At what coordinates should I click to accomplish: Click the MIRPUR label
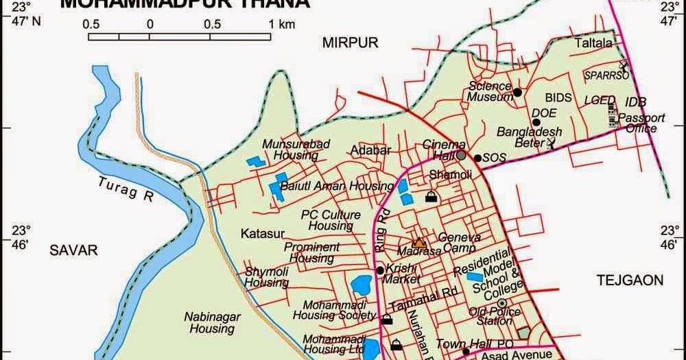point(351,43)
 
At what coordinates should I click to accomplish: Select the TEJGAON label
point(630,280)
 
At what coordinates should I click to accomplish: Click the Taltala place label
point(593,43)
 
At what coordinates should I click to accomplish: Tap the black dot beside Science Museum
point(518,92)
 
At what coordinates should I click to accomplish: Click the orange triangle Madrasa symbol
point(418,242)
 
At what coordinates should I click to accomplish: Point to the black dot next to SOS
point(477,158)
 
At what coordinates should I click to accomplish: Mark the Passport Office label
point(641,123)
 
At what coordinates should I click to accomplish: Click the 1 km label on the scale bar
point(281,24)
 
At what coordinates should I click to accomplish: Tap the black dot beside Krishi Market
point(379,269)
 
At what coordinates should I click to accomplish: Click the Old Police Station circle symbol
point(502,302)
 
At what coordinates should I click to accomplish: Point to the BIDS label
point(558,98)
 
